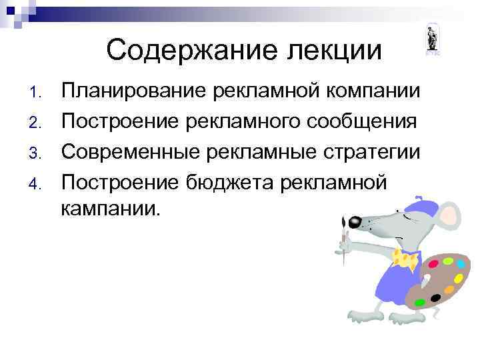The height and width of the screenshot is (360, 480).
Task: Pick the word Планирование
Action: pos(133,91)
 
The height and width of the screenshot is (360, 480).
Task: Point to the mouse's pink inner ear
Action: pos(448,216)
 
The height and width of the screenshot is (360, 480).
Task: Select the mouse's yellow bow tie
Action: pos(405,258)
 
